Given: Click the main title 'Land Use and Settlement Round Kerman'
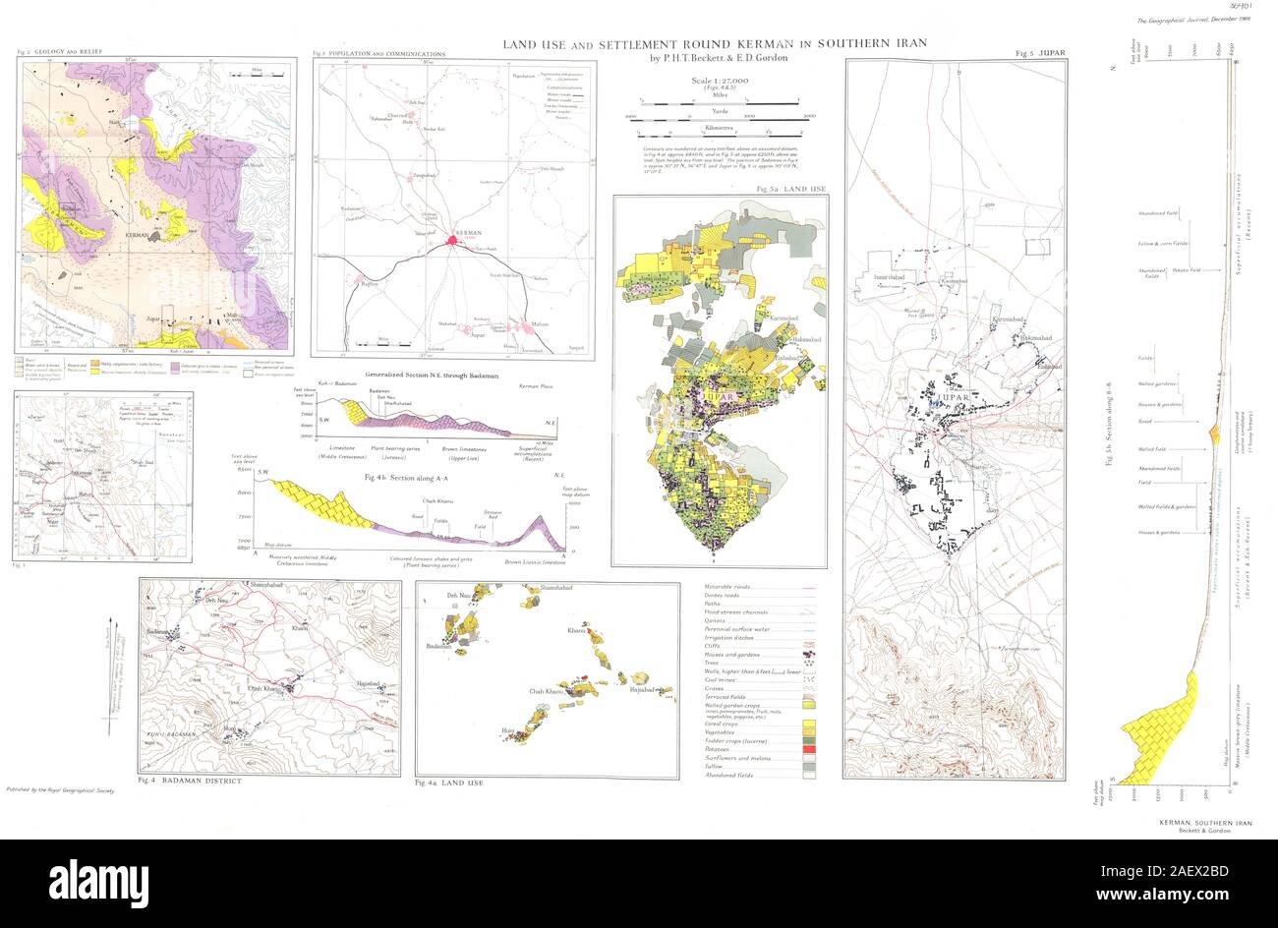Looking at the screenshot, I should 715,44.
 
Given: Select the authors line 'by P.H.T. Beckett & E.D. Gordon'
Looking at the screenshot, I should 719,58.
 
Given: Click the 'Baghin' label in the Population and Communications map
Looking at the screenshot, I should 370,284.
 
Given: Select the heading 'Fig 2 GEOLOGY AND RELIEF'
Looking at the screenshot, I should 60,51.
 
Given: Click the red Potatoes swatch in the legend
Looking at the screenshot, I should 811,749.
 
